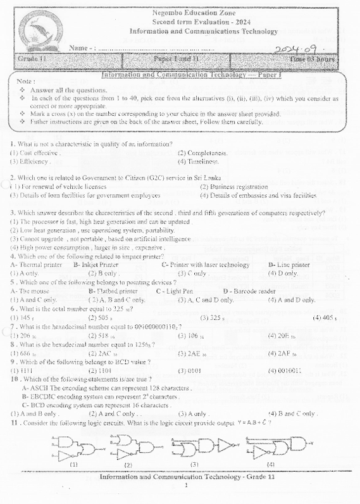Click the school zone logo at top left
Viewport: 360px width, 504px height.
point(40,30)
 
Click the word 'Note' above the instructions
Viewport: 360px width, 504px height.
point(25,82)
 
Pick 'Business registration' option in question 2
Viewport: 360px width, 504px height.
point(233,187)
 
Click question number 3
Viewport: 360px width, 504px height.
point(13,213)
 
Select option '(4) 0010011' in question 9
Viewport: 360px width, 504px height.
point(285,370)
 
